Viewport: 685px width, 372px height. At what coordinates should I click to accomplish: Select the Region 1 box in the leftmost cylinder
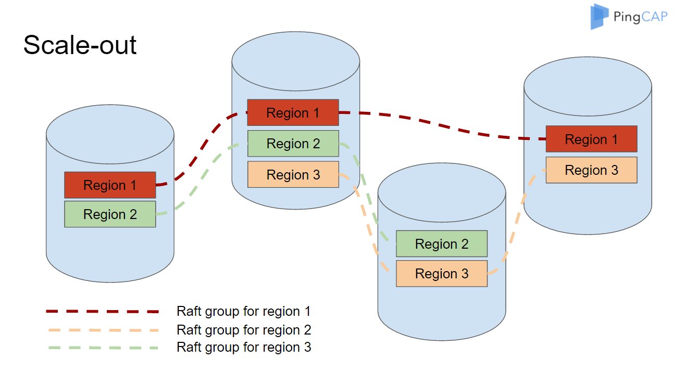pos(110,185)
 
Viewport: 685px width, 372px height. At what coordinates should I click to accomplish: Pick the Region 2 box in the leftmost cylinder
pos(110,214)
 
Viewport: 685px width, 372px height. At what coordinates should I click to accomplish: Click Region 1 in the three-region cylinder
pos(293,113)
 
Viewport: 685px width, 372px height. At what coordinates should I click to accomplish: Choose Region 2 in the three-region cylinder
pos(293,144)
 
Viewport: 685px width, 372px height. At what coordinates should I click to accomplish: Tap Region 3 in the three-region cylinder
pos(293,175)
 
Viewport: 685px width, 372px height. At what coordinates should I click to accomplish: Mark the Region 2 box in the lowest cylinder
pos(441,244)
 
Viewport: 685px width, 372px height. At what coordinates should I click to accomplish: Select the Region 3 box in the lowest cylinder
pos(441,274)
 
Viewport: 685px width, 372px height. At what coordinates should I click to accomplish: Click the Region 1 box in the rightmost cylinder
pos(591,139)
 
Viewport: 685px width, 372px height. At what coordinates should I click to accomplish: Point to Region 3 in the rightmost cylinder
pos(591,170)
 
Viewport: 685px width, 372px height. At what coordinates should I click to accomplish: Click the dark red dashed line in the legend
pos(102,312)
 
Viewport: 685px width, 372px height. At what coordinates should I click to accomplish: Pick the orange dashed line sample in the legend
pos(102,330)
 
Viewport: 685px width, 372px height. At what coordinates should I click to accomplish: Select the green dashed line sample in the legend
pos(102,347)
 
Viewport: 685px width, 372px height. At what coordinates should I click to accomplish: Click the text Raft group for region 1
pos(243,312)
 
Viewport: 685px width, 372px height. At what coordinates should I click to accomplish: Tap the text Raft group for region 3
pos(244,347)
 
